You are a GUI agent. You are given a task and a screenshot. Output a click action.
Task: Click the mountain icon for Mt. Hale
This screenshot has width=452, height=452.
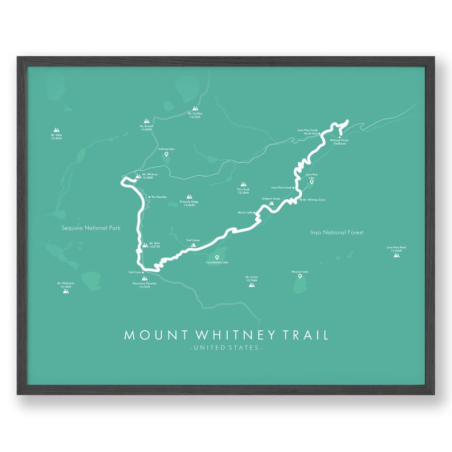56,130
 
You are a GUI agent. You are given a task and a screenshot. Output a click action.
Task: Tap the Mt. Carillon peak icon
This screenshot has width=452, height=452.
195,107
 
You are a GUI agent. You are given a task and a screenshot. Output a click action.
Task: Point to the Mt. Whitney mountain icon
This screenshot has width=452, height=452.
138,176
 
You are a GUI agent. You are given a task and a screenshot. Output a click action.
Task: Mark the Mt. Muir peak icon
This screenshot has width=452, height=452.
145,245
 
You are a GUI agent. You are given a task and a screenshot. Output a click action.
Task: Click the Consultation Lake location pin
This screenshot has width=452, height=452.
217,257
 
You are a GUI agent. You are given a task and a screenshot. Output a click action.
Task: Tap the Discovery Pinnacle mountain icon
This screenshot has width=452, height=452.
142,278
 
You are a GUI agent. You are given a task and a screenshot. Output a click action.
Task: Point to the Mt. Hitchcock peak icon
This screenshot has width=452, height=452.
66,290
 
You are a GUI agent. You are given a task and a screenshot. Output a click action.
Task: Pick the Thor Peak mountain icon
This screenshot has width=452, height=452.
244,185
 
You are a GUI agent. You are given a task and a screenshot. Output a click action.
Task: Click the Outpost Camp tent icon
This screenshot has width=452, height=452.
271,203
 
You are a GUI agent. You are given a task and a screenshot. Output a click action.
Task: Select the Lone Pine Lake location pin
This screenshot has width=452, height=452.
311,182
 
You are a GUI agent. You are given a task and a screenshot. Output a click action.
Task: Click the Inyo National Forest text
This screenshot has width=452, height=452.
336,232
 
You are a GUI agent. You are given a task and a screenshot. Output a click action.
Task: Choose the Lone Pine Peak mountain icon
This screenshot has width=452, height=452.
396,254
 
